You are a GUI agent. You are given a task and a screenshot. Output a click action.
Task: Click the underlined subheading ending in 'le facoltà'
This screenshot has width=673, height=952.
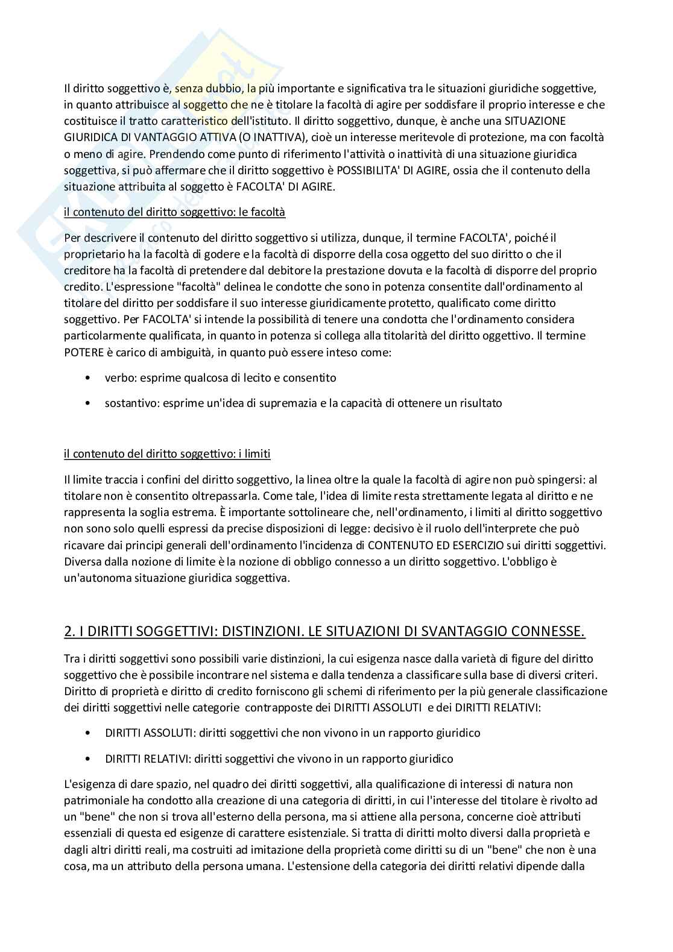[174, 212]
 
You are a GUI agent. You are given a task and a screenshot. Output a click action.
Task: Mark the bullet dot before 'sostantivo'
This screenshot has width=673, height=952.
[89, 403]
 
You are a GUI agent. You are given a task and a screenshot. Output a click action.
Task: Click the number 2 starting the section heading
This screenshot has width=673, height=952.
[68, 632]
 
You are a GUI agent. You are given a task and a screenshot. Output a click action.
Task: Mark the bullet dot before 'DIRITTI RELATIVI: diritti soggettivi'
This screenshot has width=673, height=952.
[89, 759]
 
